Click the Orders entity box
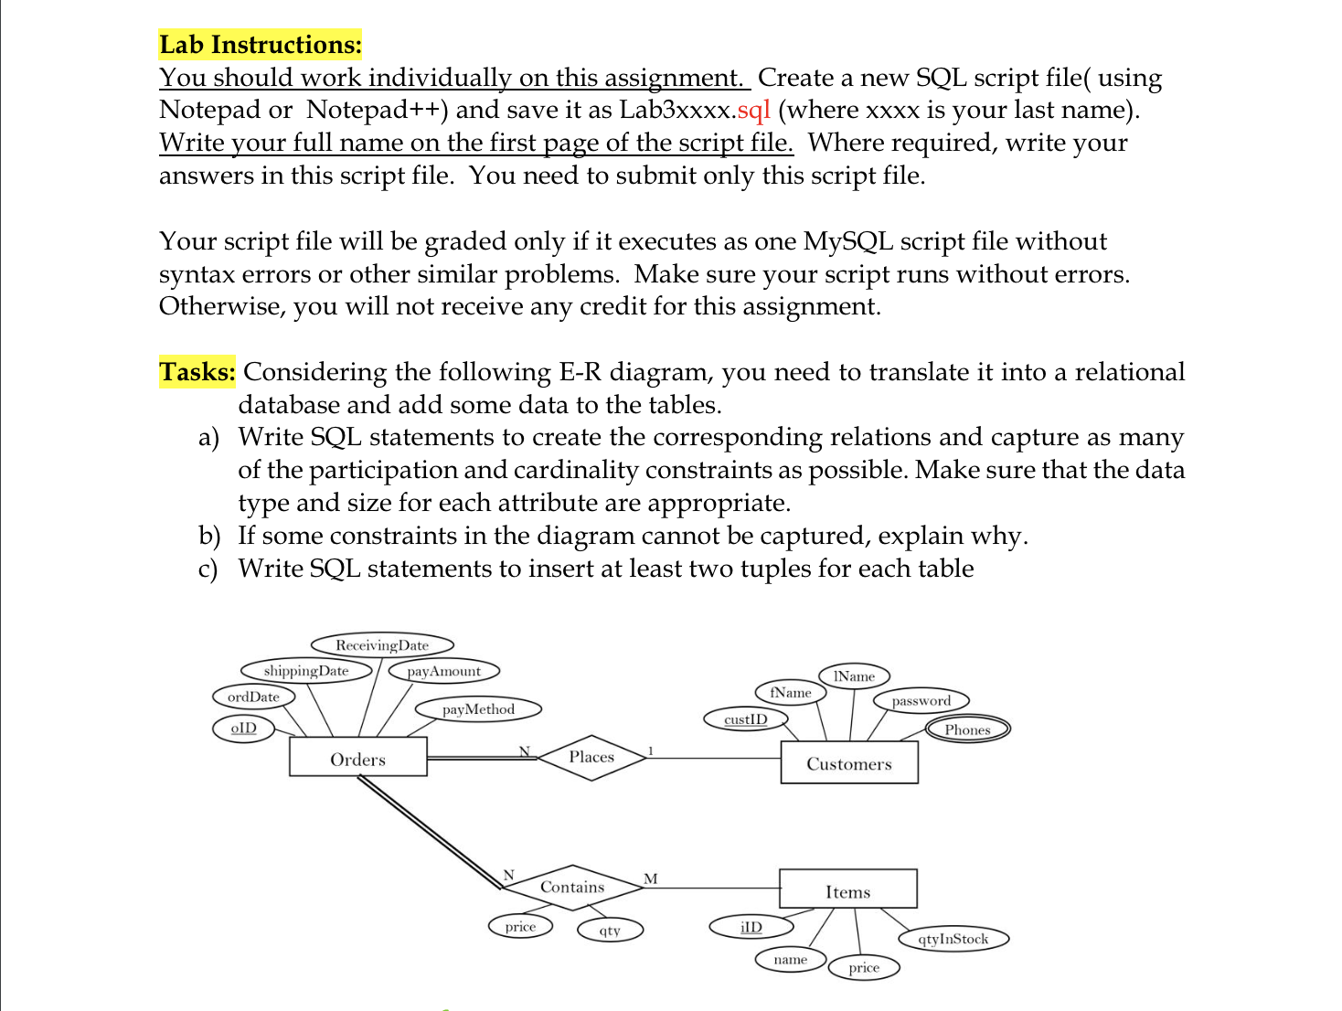[x=357, y=757]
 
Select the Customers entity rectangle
[x=848, y=762]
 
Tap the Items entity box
[x=847, y=889]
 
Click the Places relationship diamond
[x=591, y=757]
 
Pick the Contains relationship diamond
[x=572, y=887]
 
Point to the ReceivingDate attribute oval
[x=382, y=645]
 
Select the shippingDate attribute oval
[x=306, y=671]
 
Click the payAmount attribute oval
[x=444, y=671]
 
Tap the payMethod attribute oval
[x=478, y=709]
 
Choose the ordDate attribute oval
[x=253, y=697]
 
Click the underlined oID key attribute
[x=243, y=729]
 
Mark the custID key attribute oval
[x=746, y=719]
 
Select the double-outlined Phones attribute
[x=967, y=729]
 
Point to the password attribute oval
[x=921, y=701]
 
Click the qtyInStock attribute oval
[x=953, y=939]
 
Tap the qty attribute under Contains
[x=610, y=931]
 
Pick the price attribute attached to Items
[x=864, y=968]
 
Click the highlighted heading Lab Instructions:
[x=261, y=45]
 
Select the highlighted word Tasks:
[x=197, y=372]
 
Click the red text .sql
[x=753, y=110]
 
